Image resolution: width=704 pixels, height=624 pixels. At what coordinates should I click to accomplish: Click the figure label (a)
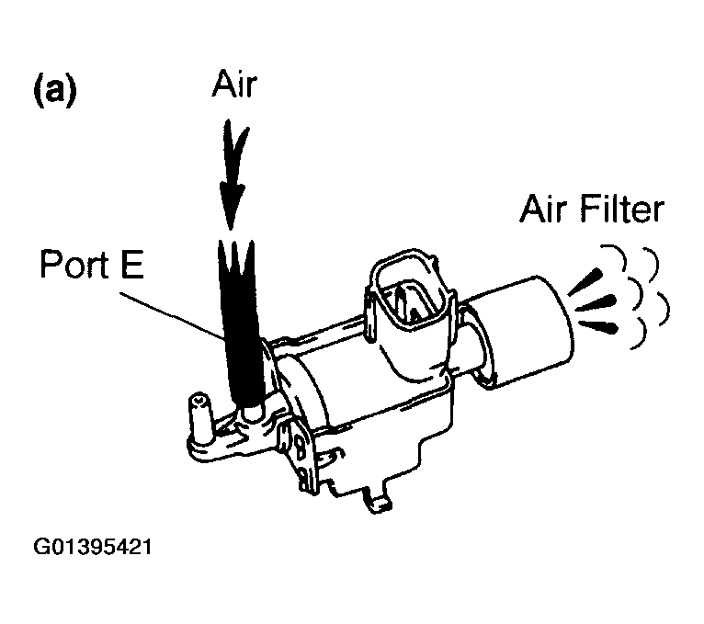(54, 92)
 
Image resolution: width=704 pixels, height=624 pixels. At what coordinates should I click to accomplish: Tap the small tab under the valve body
(380, 501)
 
